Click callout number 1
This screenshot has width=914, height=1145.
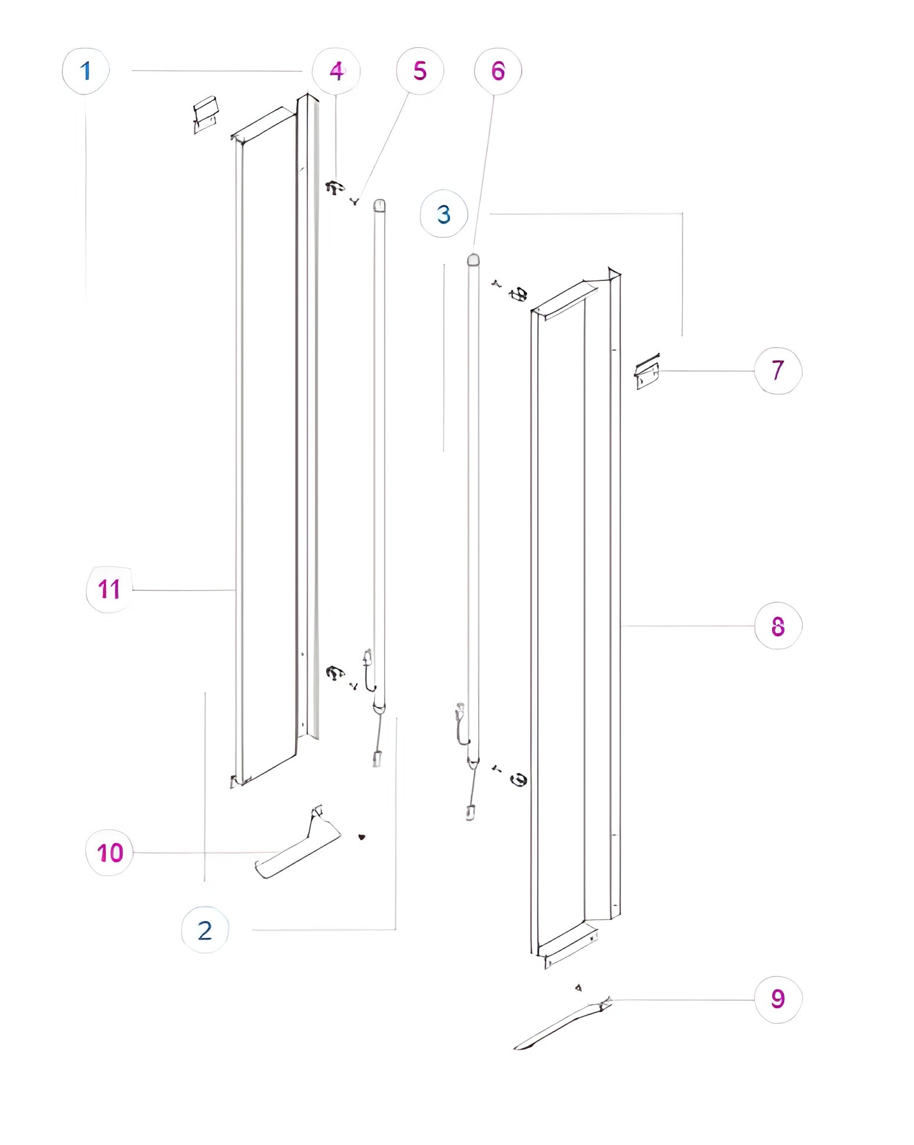[x=86, y=71]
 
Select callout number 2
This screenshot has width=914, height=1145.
[x=205, y=930]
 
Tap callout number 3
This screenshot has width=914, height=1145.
[x=444, y=214]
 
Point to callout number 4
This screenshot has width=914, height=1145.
[x=336, y=71]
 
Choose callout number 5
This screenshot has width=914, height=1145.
[x=420, y=71]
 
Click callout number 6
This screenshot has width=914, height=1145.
[x=498, y=71]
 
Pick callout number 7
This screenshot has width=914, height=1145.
[x=778, y=370]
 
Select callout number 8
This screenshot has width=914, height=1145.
[x=778, y=626]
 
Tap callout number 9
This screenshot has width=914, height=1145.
[x=778, y=999]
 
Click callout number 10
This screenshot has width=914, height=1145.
[x=110, y=852]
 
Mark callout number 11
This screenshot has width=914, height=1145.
[x=110, y=590]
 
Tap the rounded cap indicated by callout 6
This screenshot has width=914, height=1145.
[x=473, y=259]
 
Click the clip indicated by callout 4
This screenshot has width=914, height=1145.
[x=335, y=188]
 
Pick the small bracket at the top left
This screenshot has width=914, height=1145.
[x=206, y=114]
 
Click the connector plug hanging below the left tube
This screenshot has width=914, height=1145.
[x=377, y=759]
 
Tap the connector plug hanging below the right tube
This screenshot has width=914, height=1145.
[x=470, y=813]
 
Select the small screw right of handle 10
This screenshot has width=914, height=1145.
[x=362, y=837]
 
